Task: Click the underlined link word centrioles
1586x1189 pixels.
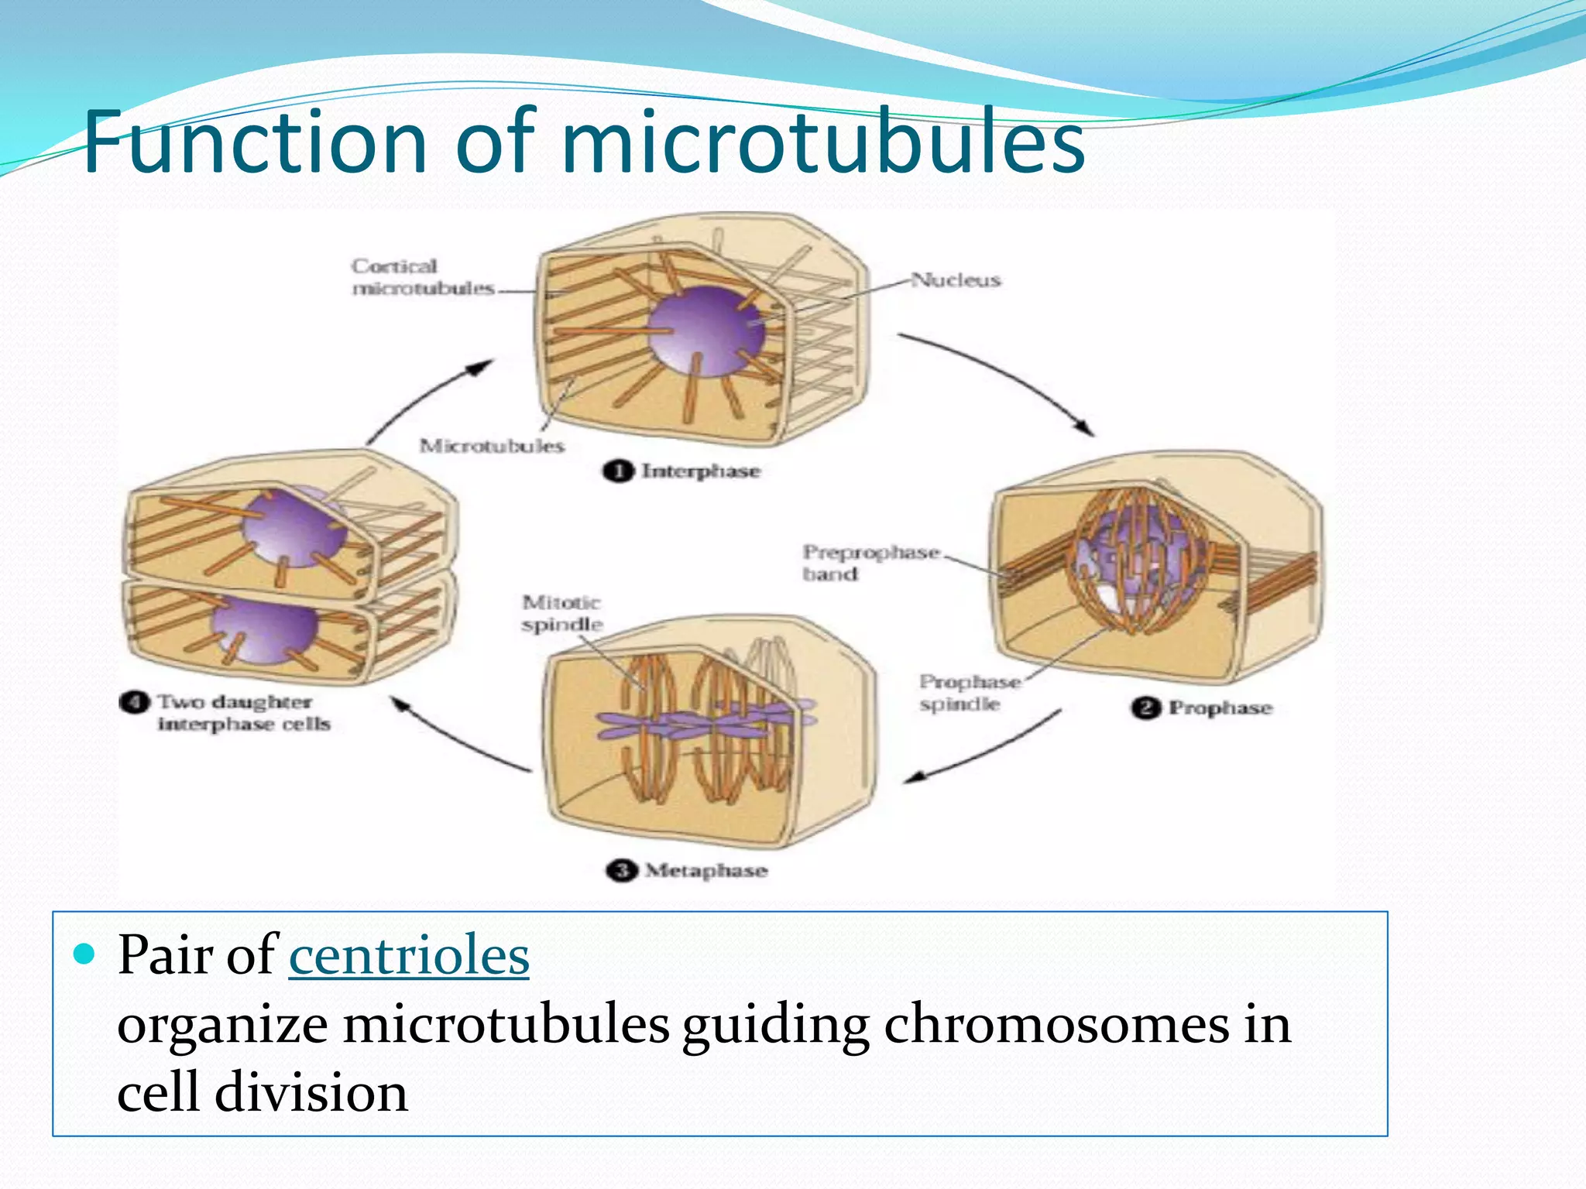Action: pyautogui.click(x=409, y=955)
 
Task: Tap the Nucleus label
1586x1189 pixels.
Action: pyautogui.click(x=956, y=279)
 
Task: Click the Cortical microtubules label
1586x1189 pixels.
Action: pyautogui.click(x=422, y=277)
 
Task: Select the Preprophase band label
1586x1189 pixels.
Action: pyautogui.click(x=870, y=563)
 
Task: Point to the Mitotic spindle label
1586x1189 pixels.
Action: pyautogui.click(x=561, y=613)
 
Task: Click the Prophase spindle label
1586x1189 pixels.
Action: pyautogui.click(x=969, y=693)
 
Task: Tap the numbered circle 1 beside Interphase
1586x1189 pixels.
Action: pyautogui.click(x=617, y=471)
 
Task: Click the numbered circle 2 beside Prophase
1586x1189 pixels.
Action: pyautogui.click(x=1145, y=708)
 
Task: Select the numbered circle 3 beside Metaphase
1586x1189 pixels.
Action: pyautogui.click(x=620, y=871)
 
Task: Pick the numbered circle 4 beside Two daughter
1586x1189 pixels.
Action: pyautogui.click(x=134, y=702)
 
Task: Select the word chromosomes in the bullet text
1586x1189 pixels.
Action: pyautogui.click(x=1056, y=1024)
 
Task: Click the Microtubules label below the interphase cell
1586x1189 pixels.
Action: pyautogui.click(x=492, y=446)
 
